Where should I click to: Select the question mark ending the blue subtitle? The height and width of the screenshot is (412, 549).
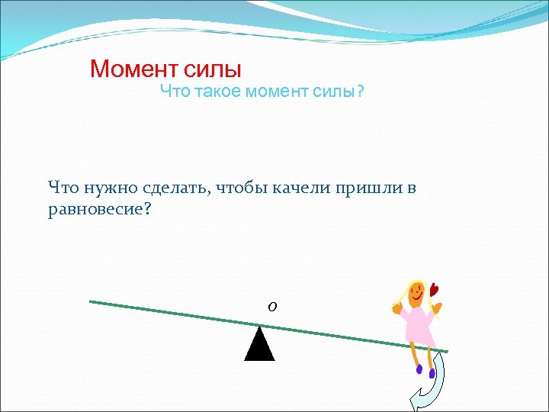click(x=361, y=92)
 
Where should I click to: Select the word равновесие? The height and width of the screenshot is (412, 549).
click(x=95, y=209)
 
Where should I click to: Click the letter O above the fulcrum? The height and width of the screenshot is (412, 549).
click(x=272, y=306)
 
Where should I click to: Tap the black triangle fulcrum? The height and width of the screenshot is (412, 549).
click(x=259, y=345)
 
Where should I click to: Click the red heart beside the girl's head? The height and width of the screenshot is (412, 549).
click(x=435, y=289)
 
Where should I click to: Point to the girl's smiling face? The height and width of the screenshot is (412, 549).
click(x=416, y=294)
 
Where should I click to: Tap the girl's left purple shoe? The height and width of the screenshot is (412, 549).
click(x=419, y=369)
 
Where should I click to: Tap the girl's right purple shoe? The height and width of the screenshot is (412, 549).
click(x=432, y=373)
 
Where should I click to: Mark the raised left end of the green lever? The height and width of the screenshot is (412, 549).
click(x=91, y=301)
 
